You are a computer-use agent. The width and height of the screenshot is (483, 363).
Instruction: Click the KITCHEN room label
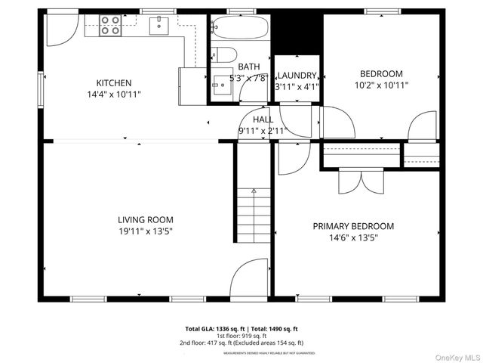(114, 83)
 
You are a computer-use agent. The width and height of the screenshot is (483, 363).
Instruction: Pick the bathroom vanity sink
(221, 81)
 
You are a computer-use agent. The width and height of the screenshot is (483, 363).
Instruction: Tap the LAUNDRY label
(297, 76)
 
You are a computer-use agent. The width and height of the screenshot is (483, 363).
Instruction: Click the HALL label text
(263, 119)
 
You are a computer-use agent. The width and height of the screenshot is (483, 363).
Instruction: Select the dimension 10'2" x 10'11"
(381, 85)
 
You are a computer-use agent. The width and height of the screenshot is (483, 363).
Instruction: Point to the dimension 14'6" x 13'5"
(353, 237)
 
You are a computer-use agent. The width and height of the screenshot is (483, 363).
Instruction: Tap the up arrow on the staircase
(254, 192)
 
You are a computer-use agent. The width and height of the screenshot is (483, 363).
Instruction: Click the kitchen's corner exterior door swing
(60, 27)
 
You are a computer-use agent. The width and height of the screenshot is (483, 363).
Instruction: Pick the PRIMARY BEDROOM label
(353, 226)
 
